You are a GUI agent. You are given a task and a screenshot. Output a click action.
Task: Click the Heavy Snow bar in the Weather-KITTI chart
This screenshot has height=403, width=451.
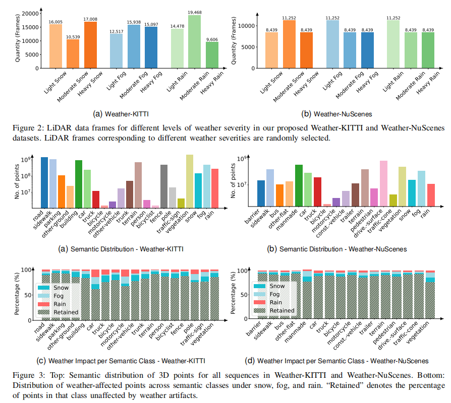click(91, 45)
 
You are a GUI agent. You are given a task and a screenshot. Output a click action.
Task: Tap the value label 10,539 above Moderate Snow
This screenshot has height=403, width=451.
click(73, 36)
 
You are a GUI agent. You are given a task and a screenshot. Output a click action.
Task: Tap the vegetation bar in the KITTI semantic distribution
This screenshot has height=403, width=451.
click(190, 181)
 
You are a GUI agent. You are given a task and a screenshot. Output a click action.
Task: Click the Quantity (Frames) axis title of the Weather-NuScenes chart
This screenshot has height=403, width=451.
click(235, 40)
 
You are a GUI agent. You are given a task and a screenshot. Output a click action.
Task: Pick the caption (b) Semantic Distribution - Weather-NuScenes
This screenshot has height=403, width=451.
click(343, 248)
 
